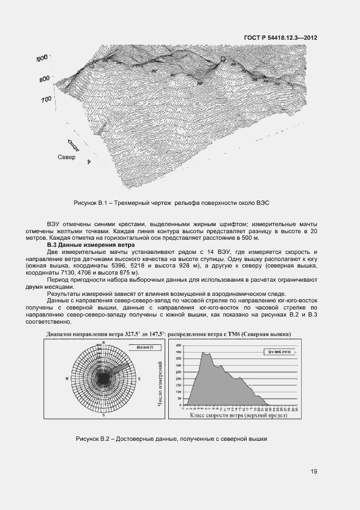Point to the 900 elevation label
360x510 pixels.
pyautogui.click(x=42, y=57)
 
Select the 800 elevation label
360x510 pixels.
pyautogui.click(x=45, y=79)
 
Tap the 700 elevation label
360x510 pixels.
pyautogui.click(x=46, y=99)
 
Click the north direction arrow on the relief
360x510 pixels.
pyautogui.click(x=72, y=145)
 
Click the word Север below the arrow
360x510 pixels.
pyautogui.click(x=66, y=157)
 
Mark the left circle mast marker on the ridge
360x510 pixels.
pyautogui.click(x=92, y=65)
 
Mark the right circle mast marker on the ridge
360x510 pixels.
pyautogui.click(x=222, y=59)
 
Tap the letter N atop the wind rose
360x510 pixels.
pyautogui.click(x=103, y=342)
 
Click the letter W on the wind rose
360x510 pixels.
pyautogui.click(x=67, y=378)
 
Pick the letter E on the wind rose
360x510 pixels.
pyautogui.click(x=139, y=378)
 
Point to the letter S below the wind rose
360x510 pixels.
pyautogui.click(x=103, y=415)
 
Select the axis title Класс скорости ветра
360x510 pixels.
pyautogui.click(x=238, y=415)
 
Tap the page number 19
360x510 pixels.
pyautogui.click(x=314, y=471)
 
